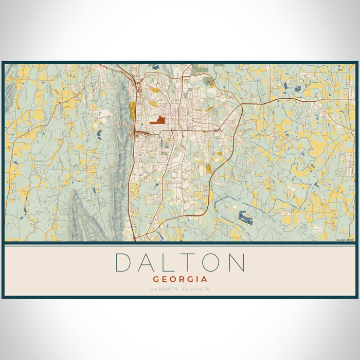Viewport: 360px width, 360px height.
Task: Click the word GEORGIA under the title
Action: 180,279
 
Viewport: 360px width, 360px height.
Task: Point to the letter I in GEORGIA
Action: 197,279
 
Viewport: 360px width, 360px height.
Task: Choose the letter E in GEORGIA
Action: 164,279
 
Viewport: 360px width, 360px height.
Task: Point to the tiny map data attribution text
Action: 345,240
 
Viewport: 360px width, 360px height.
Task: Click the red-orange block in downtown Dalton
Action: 157,121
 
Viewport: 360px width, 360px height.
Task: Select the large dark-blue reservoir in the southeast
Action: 245,218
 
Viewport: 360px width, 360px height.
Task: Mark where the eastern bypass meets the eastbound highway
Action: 241,105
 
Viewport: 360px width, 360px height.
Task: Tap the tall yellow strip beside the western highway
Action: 132,111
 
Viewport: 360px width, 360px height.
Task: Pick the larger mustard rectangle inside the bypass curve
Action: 209,168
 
